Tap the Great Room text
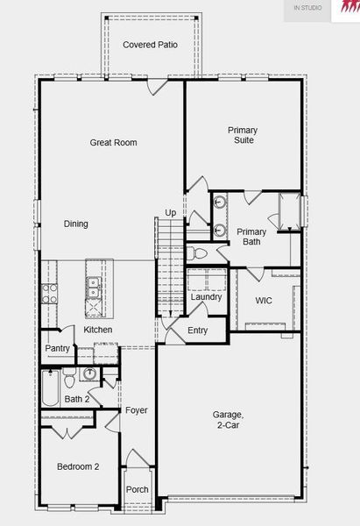point(114,142)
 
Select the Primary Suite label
point(243,135)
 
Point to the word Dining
point(76,224)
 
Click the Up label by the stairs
point(170,213)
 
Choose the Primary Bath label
point(251,237)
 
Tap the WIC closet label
point(264,300)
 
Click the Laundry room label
point(206,297)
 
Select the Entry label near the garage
point(198,331)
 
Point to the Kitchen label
point(98,330)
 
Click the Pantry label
point(57,349)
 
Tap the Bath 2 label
point(77,400)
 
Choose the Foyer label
point(136,410)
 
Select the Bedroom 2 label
point(78,466)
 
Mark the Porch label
point(137,489)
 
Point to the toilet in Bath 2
point(88,374)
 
